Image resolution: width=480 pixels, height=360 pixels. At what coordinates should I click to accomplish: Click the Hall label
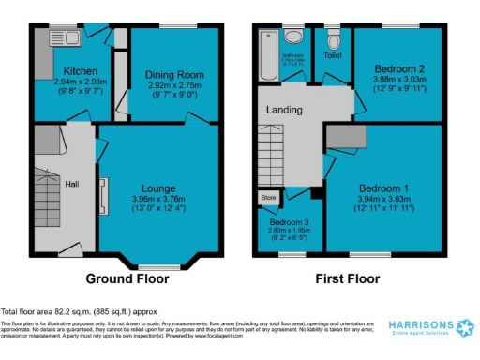(x=71, y=184)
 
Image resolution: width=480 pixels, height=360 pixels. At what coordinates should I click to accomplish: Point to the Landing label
(x=284, y=110)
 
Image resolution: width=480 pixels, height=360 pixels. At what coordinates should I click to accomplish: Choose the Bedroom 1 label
(x=382, y=187)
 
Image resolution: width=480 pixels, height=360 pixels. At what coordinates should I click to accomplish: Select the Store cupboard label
(x=269, y=198)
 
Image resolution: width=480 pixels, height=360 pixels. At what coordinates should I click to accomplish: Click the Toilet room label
(x=333, y=55)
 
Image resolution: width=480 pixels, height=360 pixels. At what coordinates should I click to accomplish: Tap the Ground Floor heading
(x=127, y=278)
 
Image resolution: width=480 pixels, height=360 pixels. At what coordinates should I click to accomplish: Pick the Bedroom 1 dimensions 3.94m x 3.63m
(x=382, y=199)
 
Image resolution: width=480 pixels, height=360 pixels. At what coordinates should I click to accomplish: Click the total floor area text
(x=79, y=311)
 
